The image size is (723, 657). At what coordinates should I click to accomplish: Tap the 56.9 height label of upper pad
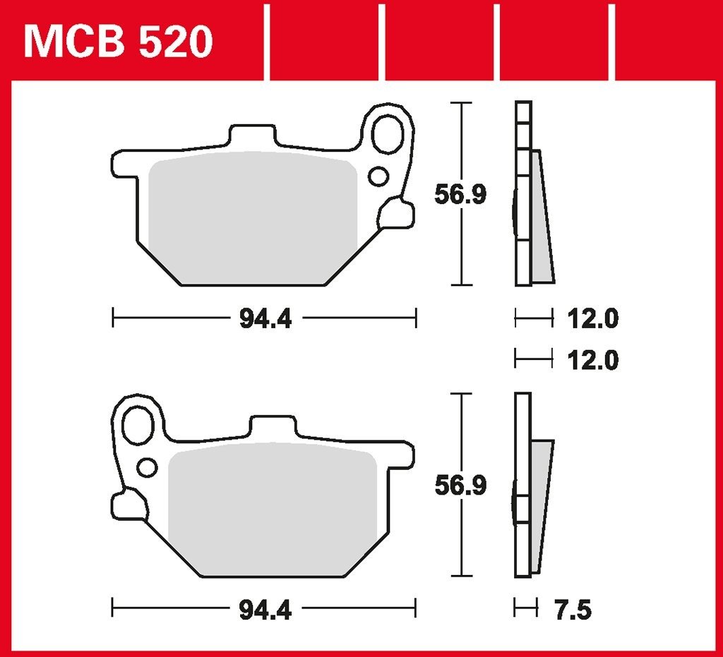pyautogui.click(x=460, y=195)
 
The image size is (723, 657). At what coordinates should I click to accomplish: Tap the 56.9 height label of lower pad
pyautogui.click(x=460, y=486)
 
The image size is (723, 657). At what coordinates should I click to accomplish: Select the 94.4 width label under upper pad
pyautogui.click(x=265, y=320)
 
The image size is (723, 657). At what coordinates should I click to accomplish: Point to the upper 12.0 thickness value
pyautogui.click(x=592, y=320)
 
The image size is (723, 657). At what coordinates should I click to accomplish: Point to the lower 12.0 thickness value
pyautogui.click(x=592, y=361)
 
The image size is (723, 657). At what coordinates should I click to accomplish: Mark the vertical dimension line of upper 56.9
pyautogui.click(x=461, y=141)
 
